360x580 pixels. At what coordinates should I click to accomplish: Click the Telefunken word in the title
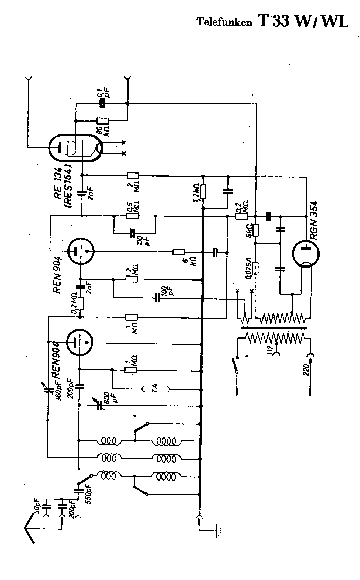tap(224, 22)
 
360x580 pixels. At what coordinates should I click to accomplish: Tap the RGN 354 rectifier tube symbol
tap(306, 254)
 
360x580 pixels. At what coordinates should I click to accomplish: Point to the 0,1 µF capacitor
tap(102, 103)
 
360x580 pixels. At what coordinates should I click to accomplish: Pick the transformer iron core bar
tap(273, 328)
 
